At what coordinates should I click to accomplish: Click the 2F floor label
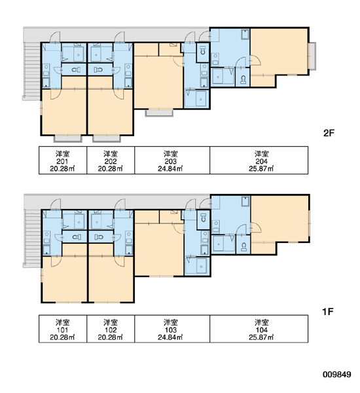[x=329, y=133]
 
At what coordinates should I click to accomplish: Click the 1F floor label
[x=328, y=312]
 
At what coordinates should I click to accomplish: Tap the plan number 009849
[x=337, y=375]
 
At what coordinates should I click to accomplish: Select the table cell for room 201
[x=63, y=160]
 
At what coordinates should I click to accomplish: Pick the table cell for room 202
[x=111, y=160]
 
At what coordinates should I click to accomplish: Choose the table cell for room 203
[x=172, y=160]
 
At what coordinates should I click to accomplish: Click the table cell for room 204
[x=259, y=160]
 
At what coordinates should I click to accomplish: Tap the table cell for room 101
[x=63, y=329]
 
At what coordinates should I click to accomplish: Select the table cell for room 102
[x=111, y=329]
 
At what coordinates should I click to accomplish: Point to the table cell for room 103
[x=172, y=329]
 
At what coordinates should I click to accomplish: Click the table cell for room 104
[x=259, y=329]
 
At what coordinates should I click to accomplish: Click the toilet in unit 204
[x=243, y=79]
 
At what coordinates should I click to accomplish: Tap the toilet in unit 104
[x=243, y=247]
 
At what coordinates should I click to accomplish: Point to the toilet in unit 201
[x=76, y=69]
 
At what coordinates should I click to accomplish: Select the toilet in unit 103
[x=204, y=218]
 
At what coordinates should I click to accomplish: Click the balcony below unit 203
[x=159, y=113]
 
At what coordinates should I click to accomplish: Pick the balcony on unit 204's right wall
[x=312, y=56]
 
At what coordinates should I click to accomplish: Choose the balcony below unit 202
[x=107, y=139]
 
